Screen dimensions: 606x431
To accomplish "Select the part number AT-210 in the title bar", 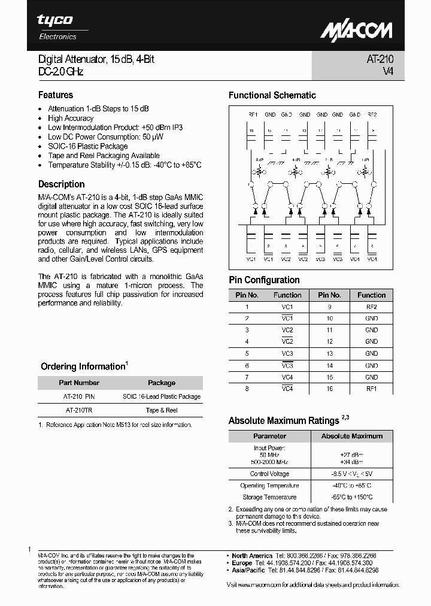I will tap(380, 59).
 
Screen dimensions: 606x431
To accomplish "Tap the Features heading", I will tap(56, 95).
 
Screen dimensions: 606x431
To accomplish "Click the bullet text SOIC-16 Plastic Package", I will tap(88, 146).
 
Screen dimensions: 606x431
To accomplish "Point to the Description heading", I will tap(62, 184).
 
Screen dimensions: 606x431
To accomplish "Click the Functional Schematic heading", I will tap(272, 95).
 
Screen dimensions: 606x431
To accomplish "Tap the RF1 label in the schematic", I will tap(253, 114).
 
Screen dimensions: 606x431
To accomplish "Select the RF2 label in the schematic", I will tap(372, 114).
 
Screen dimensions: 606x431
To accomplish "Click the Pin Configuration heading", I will tap(264, 280).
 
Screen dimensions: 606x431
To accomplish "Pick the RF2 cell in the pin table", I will tap(371, 307).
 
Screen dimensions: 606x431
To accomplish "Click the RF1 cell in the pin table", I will tap(371, 389).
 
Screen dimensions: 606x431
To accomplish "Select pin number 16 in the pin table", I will tap(330, 389).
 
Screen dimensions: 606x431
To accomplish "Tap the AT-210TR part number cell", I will tap(79, 410).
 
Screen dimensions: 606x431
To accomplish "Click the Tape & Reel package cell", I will tap(162, 410).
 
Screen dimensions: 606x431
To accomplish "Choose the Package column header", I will tap(162, 383).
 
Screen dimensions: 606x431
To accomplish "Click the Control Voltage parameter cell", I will tap(269, 474).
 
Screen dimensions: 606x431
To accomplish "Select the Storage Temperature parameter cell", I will tap(269, 497).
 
